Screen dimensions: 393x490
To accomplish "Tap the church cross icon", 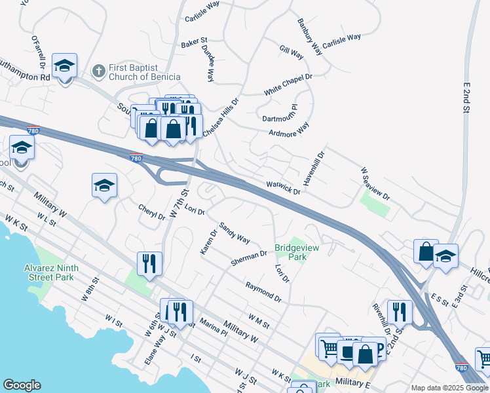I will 98,69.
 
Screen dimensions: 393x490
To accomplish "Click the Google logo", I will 22,385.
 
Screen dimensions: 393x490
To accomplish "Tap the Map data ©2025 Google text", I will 449,387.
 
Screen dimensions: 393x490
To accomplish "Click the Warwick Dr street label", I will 283,189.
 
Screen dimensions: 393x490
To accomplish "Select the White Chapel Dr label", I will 288,84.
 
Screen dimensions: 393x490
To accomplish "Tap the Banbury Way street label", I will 309,37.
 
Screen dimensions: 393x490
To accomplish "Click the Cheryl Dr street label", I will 151,212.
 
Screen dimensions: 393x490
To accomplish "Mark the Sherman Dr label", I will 249,258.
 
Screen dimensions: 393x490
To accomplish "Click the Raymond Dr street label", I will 263,292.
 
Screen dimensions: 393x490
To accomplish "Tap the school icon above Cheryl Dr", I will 104,186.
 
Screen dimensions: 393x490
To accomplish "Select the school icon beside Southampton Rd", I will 65,66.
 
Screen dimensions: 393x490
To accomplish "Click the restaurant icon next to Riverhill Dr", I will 399,313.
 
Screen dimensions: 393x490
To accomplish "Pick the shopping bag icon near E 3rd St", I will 426,252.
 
